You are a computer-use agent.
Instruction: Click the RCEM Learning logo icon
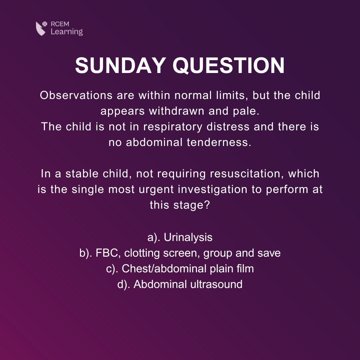(42, 28)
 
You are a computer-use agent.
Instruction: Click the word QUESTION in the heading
(228, 66)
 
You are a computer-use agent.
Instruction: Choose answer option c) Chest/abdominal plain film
(180, 269)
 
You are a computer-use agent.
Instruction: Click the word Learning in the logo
(67, 32)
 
